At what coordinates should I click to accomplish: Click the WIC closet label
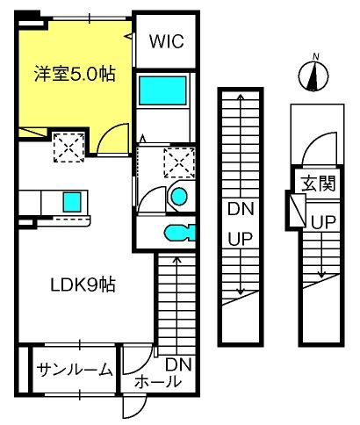165,42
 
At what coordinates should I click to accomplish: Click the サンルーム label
75,370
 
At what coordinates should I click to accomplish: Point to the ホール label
157,382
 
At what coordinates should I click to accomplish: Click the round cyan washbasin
179,196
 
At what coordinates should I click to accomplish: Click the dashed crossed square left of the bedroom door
68,146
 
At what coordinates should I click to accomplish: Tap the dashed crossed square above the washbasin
178,163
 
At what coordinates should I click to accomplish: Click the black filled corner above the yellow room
30,16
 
